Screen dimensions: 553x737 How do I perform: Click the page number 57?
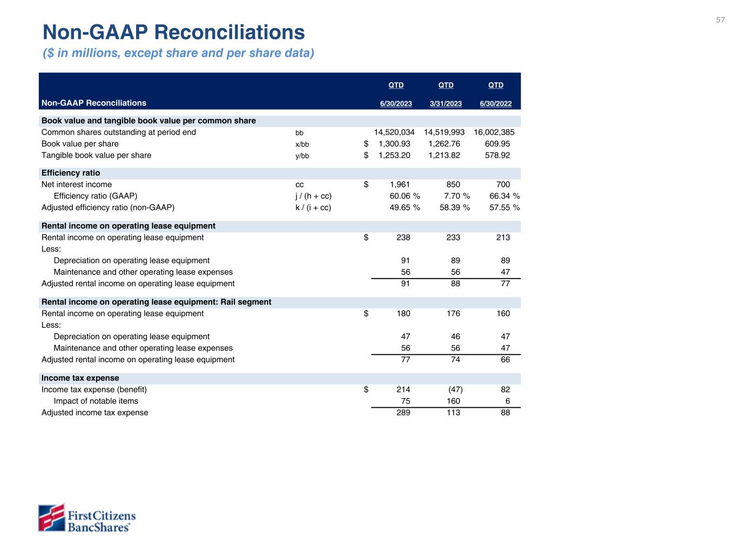(x=720, y=20)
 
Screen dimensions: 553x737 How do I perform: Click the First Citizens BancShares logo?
(x=86, y=518)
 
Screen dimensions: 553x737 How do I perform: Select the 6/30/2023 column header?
(x=396, y=104)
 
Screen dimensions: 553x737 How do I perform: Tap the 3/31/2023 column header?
(x=445, y=104)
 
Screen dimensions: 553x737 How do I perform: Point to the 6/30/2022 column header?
(x=496, y=104)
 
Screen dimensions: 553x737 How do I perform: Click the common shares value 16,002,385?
(x=494, y=132)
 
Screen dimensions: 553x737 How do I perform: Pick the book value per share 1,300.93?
(x=394, y=144)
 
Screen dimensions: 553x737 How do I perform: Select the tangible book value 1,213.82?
(x=444, y=156)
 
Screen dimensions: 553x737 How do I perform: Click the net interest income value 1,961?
(x=400, y=185)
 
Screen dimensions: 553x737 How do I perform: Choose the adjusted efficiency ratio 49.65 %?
(x=404, y=207)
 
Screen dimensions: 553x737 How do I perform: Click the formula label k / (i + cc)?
(x=313, y=207)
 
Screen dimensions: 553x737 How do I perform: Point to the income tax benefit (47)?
(x=455, y=389)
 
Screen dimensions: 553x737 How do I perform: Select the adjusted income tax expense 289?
(x=403, y=413)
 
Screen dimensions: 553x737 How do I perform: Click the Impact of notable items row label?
(x=96, y=401)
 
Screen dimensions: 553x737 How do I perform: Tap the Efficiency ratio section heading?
(x=71, y=173)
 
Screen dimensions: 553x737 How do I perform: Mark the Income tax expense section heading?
(x=80, y=378)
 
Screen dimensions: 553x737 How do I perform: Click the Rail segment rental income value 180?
(x=403, y=314)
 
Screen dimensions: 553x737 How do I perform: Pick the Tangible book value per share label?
(x=96, y=156)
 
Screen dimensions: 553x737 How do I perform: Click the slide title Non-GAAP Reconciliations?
(x=173, y=32)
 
